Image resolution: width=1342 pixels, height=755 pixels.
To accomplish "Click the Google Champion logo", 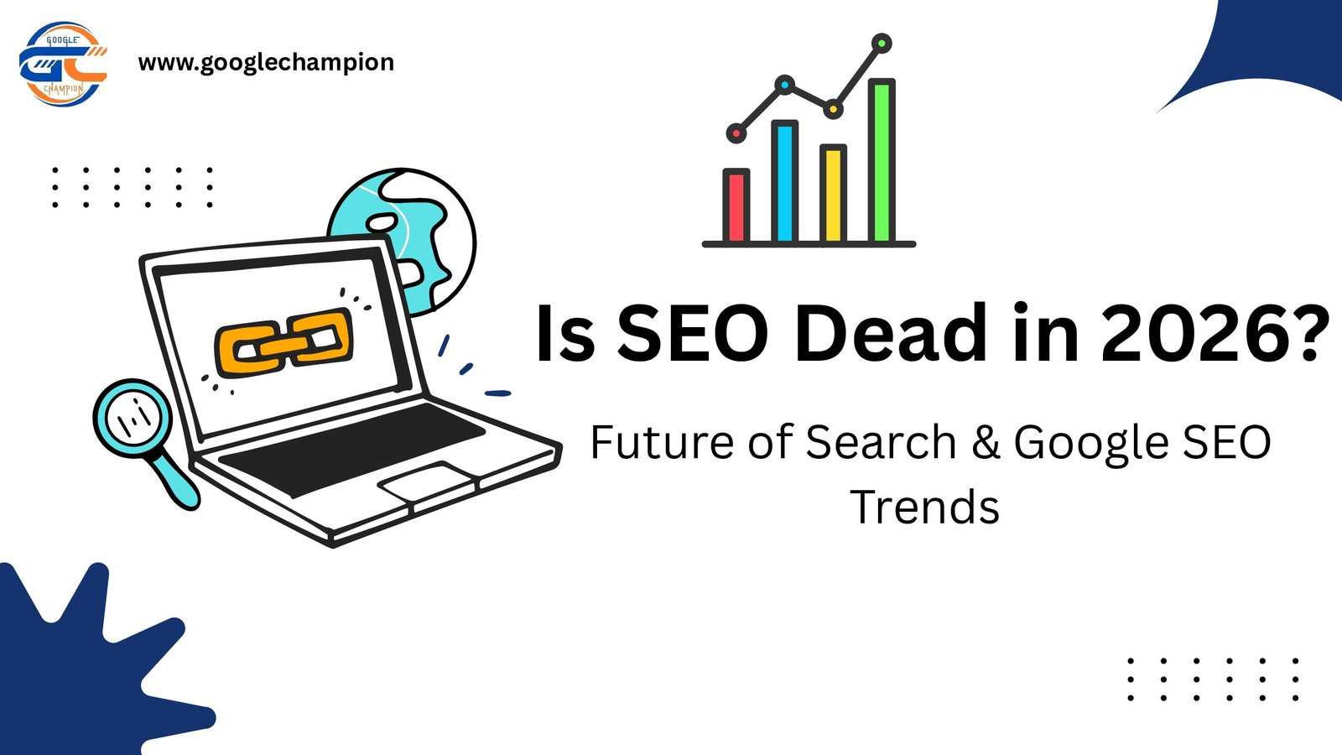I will click(63, 65).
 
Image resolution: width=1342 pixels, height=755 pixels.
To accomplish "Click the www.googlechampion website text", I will click(266, 63).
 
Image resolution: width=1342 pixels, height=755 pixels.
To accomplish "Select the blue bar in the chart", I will click(784, 182).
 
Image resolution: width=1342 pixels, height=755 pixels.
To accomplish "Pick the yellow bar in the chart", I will click(833, 194).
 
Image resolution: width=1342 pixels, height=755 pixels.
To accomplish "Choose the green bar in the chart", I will click(882, 161).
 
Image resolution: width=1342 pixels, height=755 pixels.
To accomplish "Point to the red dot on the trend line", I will click(736, 133).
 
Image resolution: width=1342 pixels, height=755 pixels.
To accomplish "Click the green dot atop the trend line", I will click(882, 43).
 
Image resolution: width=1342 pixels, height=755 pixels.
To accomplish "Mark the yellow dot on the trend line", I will click(833, 109).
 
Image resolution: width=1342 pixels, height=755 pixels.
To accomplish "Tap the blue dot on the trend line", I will click(784, 85).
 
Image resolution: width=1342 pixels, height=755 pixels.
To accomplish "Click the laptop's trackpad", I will click(427, 482).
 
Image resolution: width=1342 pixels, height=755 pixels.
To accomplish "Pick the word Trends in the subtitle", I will click(924, 507).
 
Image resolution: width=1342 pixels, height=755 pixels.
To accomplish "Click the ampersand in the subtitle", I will click(986, 442).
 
